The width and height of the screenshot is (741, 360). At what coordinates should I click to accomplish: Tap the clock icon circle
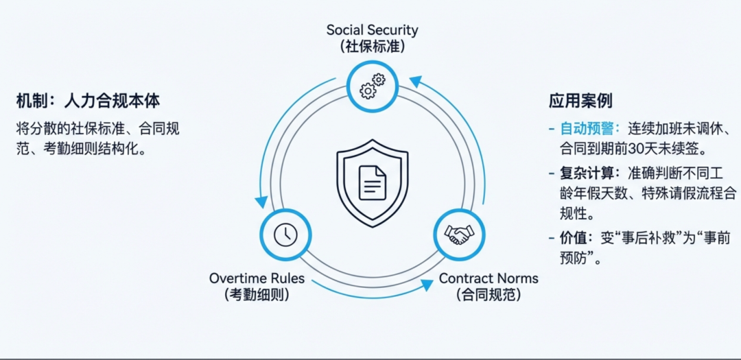[x=285, y=235]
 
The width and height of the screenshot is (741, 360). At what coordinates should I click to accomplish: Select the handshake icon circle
[x=458, y=235]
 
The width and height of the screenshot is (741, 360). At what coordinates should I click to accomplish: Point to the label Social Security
[x=372, y=30]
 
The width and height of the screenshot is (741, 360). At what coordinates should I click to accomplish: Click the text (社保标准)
[x=372, y=47]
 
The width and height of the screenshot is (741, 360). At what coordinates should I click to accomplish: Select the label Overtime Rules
[x=257, y=278]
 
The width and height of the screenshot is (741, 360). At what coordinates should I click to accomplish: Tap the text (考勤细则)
[x=257, y=295]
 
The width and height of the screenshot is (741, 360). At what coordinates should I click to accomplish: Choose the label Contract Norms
[x=489, y=278]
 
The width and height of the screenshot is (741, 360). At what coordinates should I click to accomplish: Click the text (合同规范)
[x=489, y=295]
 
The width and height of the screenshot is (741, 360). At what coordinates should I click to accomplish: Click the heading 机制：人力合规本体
[x=88, y=101]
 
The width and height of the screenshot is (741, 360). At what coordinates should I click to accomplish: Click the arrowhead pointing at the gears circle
[x=414, y=82]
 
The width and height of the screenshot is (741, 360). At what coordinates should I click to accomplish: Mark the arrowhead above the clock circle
[x=261, y=202]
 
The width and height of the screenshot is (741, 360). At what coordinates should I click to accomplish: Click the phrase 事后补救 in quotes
[x=635, y=237]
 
